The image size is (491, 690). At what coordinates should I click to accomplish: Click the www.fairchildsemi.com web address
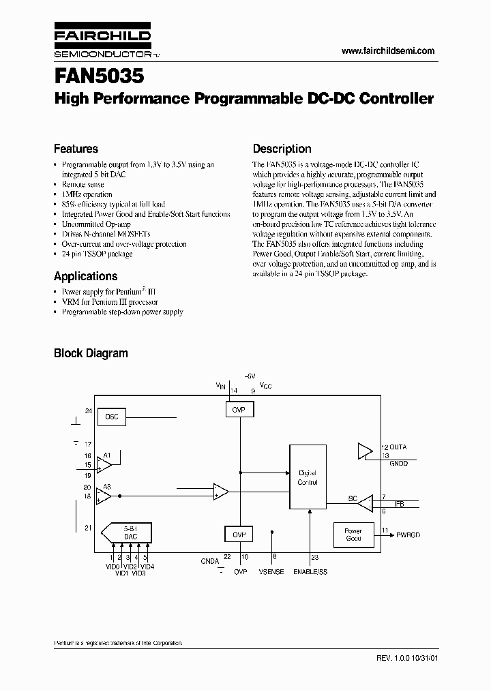point(387,51)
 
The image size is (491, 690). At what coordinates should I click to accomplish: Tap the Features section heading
point(76,149)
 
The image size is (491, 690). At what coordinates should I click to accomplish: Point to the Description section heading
point(282,149)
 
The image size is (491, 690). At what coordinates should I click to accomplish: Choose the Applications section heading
point(85,276)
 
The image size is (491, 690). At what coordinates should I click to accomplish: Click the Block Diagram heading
point(91,353)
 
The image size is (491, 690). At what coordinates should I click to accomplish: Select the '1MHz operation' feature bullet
point(87,194)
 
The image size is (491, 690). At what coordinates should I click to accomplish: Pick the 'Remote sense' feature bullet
point(83,184)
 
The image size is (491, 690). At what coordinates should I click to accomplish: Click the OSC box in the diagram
point(112,417)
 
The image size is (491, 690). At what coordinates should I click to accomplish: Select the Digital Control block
point(308,477)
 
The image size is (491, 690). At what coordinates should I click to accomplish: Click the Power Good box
point(353,535)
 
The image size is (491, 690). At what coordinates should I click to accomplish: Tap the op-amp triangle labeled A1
point(104,464)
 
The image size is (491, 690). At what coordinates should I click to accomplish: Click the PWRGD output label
point(408,535)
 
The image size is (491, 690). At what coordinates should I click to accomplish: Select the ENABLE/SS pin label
point(310,572)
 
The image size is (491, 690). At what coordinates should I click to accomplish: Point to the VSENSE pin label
point(271,572)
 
